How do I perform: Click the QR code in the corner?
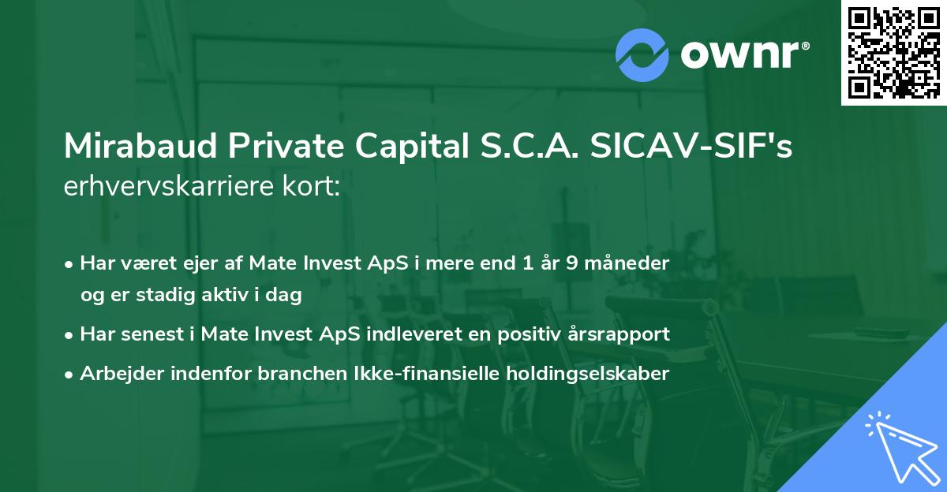point(893,53)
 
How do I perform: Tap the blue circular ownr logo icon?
point(642,54)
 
